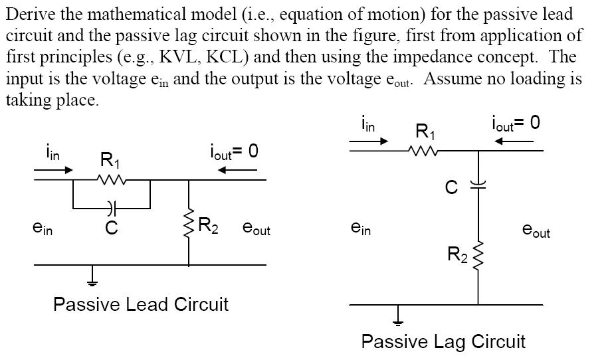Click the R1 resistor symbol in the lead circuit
(111, 179)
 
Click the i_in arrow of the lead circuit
(52, 169)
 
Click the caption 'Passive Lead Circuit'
(140, 305)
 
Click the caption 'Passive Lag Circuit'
(443, 342)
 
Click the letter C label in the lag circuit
(451, 188)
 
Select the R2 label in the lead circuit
(209, 226)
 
